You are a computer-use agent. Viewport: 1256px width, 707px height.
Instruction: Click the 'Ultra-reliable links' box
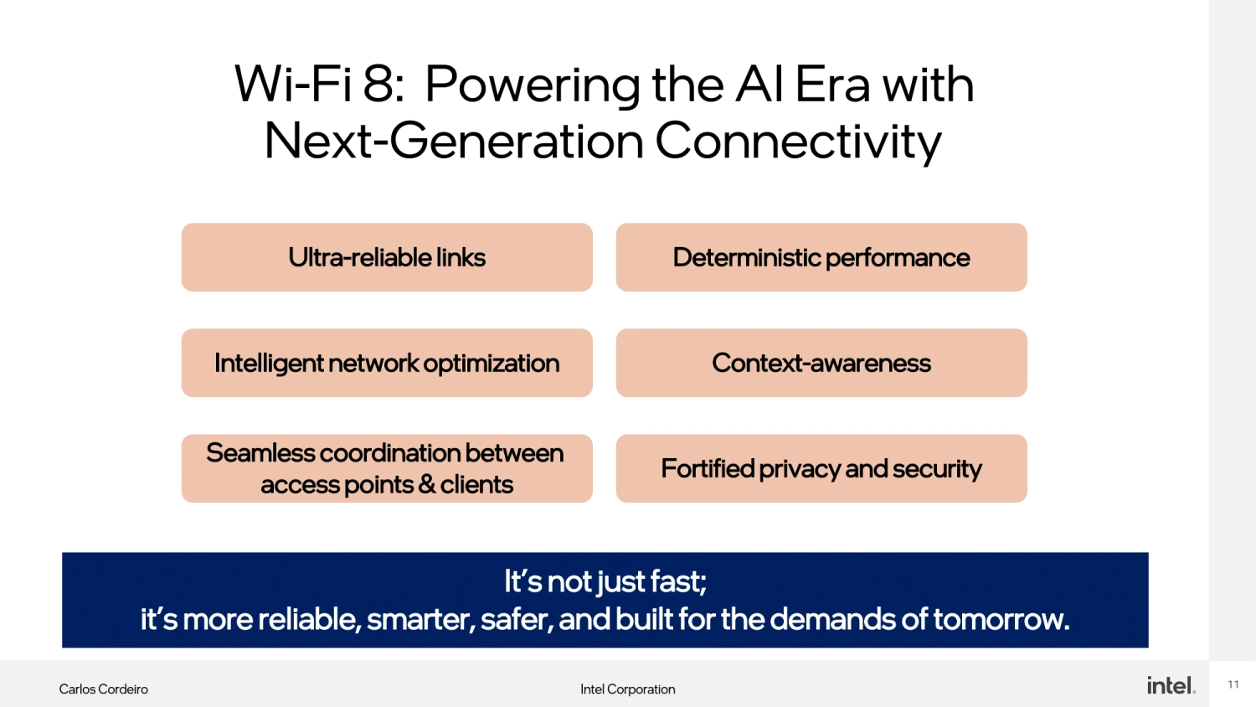(387, 257)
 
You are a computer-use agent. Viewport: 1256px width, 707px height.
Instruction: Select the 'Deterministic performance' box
(821, 257)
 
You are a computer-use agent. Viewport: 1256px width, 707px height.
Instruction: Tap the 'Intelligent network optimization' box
(387, 363)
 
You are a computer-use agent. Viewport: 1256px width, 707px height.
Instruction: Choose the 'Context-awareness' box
(821, 363)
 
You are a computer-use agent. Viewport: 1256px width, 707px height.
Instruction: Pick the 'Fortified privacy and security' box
(821, 468)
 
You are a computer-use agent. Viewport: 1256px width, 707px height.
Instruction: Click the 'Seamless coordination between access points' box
(387, 468)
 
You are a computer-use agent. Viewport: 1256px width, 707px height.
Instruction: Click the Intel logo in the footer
(1171, 685)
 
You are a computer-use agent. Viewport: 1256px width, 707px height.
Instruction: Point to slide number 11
(1233, 684)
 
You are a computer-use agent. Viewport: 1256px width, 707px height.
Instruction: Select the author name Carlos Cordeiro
(103, 689)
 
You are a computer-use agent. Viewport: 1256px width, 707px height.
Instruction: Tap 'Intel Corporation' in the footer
(627, 689)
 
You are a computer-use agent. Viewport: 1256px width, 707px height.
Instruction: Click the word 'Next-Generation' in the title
(453, 141)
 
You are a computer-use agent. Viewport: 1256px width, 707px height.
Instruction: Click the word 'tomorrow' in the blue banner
(1001, 619)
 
